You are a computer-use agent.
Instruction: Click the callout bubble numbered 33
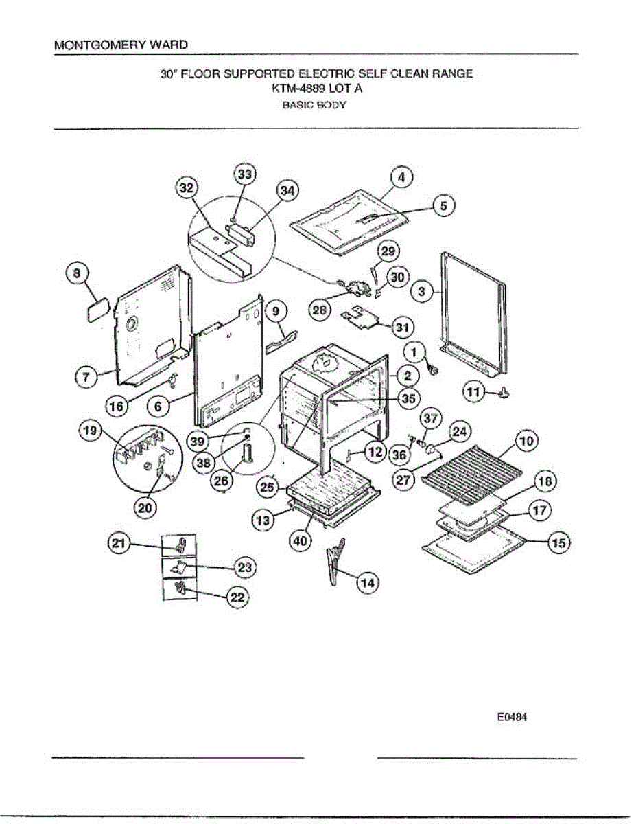[245, 175]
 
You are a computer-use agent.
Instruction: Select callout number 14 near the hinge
[368, 582]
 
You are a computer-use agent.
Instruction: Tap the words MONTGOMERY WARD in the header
[120, 45]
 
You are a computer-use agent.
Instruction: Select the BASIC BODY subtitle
[315, 106]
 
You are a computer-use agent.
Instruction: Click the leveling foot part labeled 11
[506, 393]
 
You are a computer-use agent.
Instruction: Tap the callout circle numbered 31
[401, 326]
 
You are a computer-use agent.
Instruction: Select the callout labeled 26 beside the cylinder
[221, 481]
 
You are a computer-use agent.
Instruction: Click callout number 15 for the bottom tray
[559, 543]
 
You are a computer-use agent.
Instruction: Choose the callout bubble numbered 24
[459, 432]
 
